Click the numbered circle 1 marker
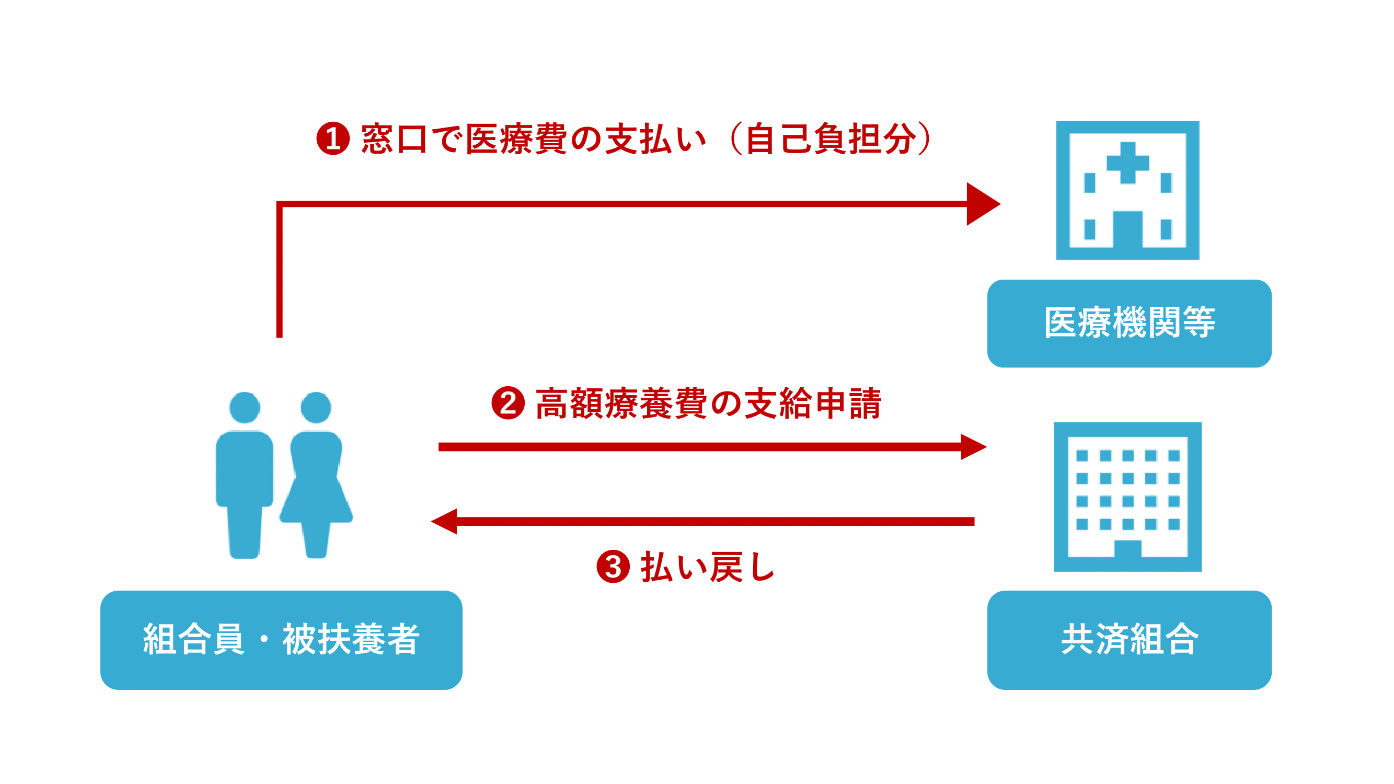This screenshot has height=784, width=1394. (x=333, y=139)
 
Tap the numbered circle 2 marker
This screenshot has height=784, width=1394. (x=508, y=403)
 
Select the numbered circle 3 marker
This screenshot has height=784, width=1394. (x=613, y=567)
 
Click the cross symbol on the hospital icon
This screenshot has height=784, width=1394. (x=1127, y=163)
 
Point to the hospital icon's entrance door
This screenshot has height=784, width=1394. (x=1127, y=228)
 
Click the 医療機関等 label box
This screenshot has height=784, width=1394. (x=1129, y=323)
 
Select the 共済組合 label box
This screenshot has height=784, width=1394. (x=1129, y=640)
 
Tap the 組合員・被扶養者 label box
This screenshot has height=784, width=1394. (x=281, y=640)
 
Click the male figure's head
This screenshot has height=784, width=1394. (x=245, y=408)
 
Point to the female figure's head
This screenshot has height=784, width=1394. (x=316, y=408)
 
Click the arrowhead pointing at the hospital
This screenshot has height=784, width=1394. (x=982, y=204)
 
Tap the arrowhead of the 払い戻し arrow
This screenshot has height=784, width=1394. (x=445, y=521)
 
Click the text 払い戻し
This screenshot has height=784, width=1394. (x=708, y=567)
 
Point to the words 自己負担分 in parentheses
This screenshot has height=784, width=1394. (x=831, y=139)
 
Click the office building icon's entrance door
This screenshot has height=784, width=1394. (x=1127, y=548)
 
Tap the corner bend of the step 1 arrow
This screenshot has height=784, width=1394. (x=280, y=204)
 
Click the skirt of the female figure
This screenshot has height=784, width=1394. (x=316, y=501)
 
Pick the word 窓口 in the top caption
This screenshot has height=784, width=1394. (x=394, y=139)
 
